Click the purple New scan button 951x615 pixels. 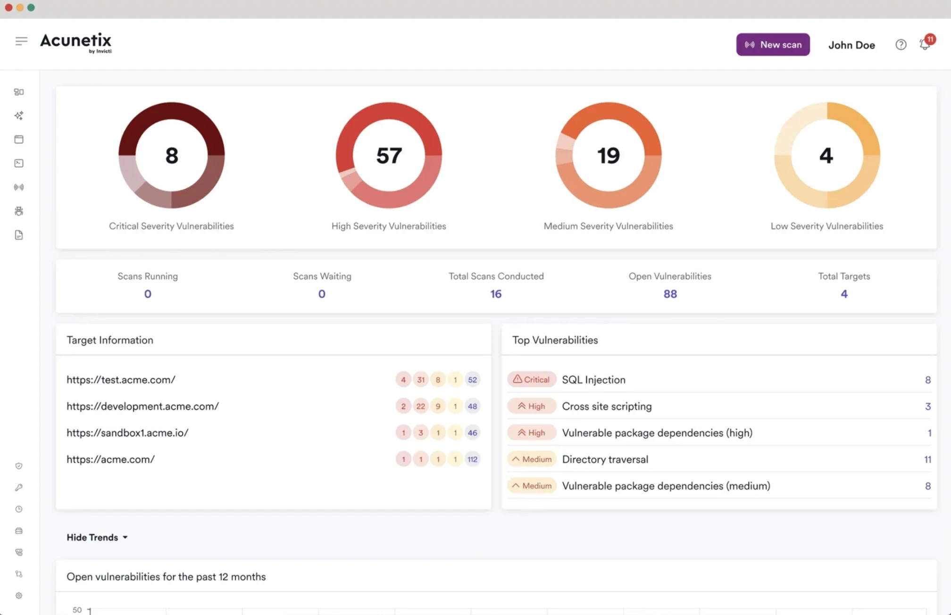pyautogui.click(x=773, y=44)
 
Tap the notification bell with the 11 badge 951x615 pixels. pyautogui.click(x=925, y=44)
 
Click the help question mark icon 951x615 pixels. pyautogui.click(x=901, y=44)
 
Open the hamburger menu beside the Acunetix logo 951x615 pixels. pyautogui.click(x=21, y=41)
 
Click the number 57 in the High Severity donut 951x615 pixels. pyautogui.click(x=389, y=155)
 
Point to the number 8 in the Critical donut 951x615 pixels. pyautogui.click(x=172, y=155)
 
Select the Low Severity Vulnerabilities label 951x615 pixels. pyautogui.click(x=826, y=226)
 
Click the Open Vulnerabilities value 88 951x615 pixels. pyautogui.click(x=670, y=294)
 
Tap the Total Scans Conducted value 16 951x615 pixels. pyautogui.click(x=495, y=294)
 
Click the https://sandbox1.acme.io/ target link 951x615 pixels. pyautogui.click(x=127, y=432)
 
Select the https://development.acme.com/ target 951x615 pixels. pyautogui.click(x=142, y=406)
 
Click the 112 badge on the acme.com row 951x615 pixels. pyautogui.click(x=472, y=459)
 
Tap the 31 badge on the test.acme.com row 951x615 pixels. pyautogui.click(x=420, y=380)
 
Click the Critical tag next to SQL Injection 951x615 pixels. pyautogui.click(x=532, y=380)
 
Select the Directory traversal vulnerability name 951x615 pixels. pyautogui.click(x=605, y=459)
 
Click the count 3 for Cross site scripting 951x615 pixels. pyautogui.click(x=927, y=406)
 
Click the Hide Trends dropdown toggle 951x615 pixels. pyautogui.click(x=97, y=537)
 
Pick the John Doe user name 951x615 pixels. pyautogui.click(x=851, y=45)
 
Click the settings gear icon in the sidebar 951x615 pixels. pyautogui.click(x=19, y=595)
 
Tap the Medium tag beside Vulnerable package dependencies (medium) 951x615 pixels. pyautogui.click(x=532, y=486)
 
